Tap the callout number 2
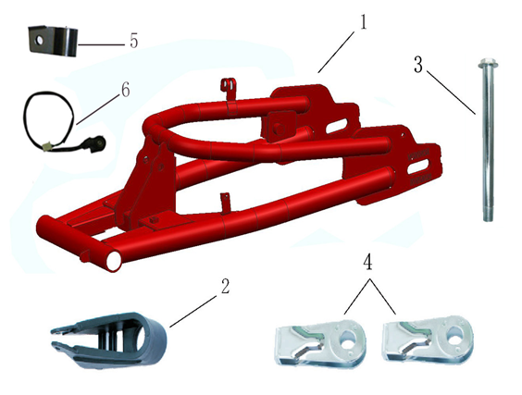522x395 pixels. click(x=224, y=286)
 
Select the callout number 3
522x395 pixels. click(x=418, y=66)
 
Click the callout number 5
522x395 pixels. click(x=133, y=42)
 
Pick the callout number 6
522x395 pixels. click(x=125, y=91)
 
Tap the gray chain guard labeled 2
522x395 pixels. click(x=111, y=338)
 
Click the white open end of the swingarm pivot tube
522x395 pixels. click(x=113, y=262)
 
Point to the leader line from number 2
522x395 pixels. click(x=194, y=308)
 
